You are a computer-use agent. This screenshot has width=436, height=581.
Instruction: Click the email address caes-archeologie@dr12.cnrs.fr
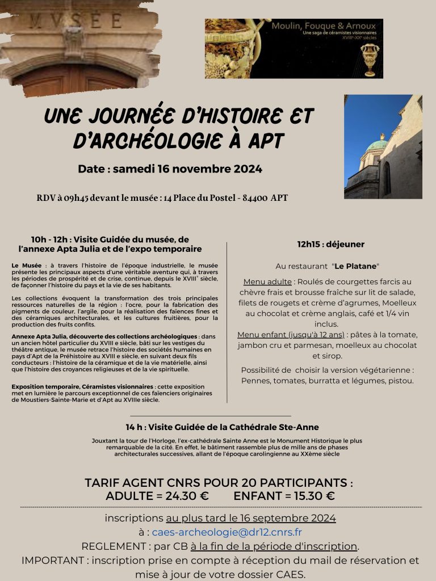227,532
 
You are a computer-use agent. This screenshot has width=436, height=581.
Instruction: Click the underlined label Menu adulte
267,282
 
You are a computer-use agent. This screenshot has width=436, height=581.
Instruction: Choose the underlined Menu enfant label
262,335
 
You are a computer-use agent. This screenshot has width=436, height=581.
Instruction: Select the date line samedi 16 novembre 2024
187,169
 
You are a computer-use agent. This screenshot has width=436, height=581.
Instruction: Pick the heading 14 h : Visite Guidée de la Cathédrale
223,427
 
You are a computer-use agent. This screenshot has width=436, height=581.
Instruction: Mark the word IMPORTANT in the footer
52,561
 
